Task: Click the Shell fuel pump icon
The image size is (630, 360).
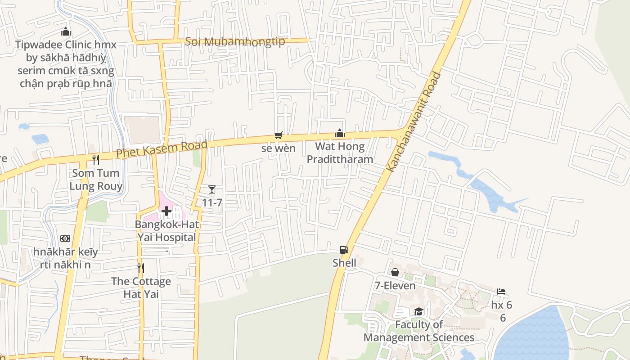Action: tap(344, 249)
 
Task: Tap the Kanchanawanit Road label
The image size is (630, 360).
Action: tap(413, 121)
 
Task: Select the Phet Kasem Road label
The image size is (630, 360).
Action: tap(162, 149)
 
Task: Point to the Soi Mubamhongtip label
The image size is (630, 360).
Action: tap(235, 42)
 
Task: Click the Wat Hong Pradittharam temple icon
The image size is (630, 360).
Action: tap(340, 133)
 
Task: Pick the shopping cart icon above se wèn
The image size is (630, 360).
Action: tap(279, 135)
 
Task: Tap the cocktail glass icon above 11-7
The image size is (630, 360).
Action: tap(212, 189)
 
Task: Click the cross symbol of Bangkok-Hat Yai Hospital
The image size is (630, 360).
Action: tap(166, 211)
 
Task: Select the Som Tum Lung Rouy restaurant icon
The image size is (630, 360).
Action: tap(96, 159)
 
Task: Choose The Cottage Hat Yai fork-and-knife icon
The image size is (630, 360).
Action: tap(141, 268)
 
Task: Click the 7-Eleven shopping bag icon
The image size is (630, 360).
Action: tap(395, 272)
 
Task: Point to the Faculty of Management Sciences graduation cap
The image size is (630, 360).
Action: tap(418, 311)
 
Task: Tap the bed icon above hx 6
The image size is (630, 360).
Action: tap(501, 292)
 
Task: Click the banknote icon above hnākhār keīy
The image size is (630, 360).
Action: tap(65, 238)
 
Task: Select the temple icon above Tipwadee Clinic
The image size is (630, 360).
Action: tap(66, 32)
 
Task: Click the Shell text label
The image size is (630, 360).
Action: tap(344, 263)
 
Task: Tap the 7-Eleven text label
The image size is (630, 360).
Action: tap(395, 286)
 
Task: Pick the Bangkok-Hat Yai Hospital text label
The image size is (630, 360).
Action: tap(167, 231)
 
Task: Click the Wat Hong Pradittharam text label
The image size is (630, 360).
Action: tap(340, 153)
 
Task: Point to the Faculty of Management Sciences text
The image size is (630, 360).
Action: tap(419, 331)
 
